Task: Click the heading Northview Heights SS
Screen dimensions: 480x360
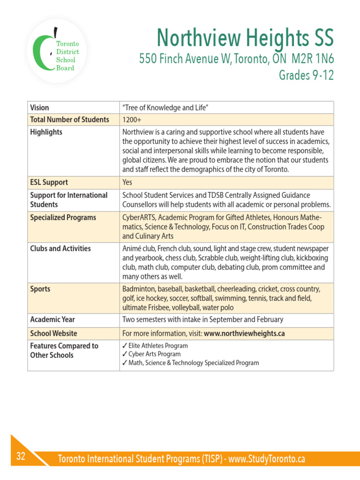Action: (245, 37)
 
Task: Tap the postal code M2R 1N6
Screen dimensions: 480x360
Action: (312, 59)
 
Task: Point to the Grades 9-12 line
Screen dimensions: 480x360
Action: (307, 75)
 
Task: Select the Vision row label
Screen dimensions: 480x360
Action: (39, 108)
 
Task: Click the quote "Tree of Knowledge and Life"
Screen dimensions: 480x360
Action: (165, 108)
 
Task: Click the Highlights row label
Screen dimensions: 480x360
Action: (46, 132)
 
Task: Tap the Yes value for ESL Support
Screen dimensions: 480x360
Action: (127, 182)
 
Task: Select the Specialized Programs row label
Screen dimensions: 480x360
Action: (63, 217)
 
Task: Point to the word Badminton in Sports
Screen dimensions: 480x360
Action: (139, 289)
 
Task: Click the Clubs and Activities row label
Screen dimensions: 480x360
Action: (60, 248)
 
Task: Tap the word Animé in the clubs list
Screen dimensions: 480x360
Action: (132, 248)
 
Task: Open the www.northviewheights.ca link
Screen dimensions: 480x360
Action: (244, 333)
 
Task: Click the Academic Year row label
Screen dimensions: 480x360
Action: (52, 319)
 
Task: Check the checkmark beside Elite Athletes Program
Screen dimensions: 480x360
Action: (124, 346)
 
